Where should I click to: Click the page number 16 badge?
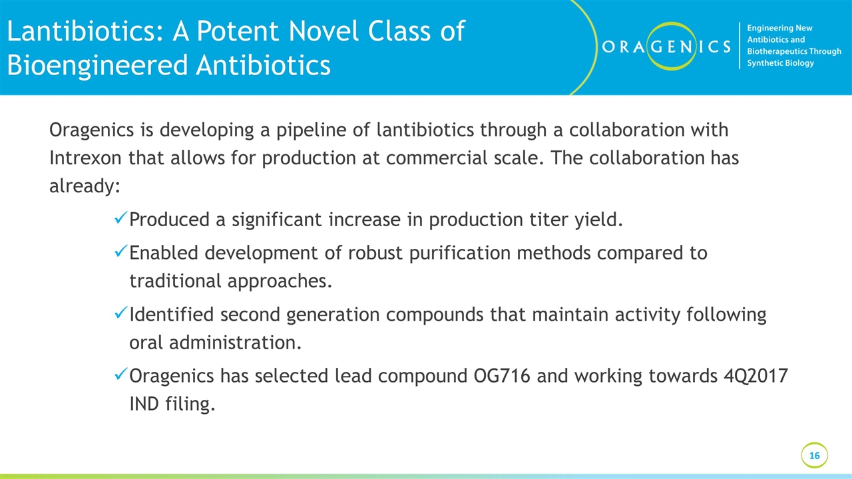pos(814,456)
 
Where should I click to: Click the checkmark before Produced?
pos(121,219)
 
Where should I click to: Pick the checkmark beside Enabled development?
pos(121,253)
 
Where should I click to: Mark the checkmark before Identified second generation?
pos(121,315)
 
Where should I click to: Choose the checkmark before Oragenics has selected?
pos(121,377)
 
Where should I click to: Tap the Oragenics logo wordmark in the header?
pos(666,47)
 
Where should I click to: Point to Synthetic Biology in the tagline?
pos(780,63)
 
